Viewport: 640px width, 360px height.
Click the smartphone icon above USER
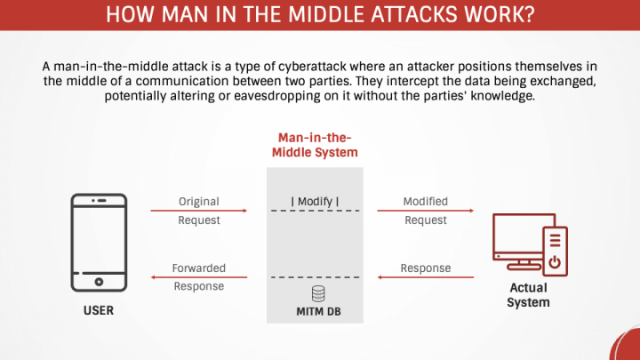pyautogui.click(x=99, y=243)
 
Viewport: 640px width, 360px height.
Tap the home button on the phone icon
pyautogui.click(x=99, y=282)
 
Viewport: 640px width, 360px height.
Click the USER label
pyautogui.click(x=99, y=312)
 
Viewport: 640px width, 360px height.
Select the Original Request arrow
pyautogui.click(x=199, y=211)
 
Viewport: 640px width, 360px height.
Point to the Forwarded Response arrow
pyautogui.click(x=199, y=276)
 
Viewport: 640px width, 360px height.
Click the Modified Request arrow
pyautogui.click(x=425, y=211)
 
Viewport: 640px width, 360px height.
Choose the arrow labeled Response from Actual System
pyautogui.click(x=425, y=276)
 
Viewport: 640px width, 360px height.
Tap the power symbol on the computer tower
pyautogui.click(x=555, y=262)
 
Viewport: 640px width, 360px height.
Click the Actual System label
pyautogui.click(x=528, y=295)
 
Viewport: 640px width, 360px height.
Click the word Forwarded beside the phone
pyautogui.click(x=199, y=268)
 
